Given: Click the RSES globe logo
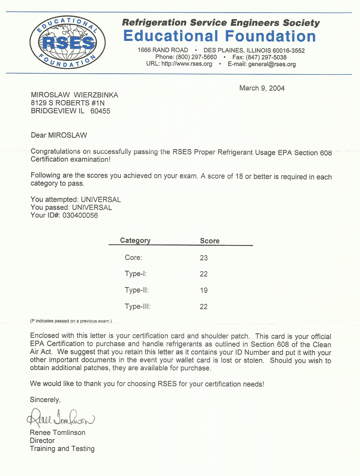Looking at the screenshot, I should click(67, 43).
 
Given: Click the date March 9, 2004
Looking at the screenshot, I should click(262, 88).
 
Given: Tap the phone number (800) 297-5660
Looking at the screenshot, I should click(196, 57).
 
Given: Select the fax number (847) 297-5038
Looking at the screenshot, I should click(266, 57).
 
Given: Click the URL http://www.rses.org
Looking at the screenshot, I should click(187, 64).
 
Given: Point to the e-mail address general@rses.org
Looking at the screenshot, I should click(272, 64).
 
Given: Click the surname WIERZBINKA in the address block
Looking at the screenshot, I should click(96, 95).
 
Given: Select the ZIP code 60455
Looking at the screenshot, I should click(100, 111).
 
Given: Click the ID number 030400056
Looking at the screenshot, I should click(80, 215).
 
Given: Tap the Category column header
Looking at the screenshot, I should click(135, 240).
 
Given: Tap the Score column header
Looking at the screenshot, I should click(210, 241).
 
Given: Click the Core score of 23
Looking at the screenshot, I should click(204, 258).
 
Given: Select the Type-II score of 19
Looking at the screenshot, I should click(204, 290).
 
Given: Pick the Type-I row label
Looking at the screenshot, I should click(136, 274).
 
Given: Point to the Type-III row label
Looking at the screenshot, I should click(138, 306).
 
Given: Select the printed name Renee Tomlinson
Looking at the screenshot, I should click(58, 432).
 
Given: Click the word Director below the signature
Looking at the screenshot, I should click(42, 440).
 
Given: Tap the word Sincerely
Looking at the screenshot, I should click(45, 400).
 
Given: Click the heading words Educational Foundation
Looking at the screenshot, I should click(219, 36).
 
